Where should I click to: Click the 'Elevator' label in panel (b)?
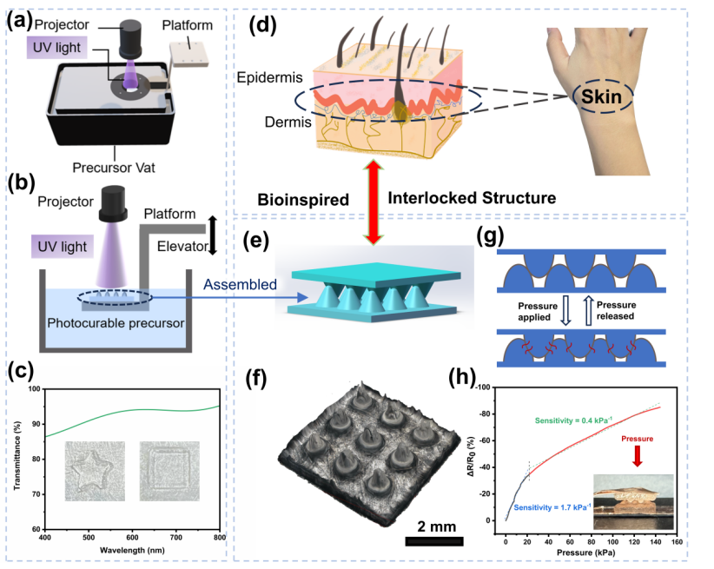[182, 246]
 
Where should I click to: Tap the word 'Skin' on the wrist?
[601, 96]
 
